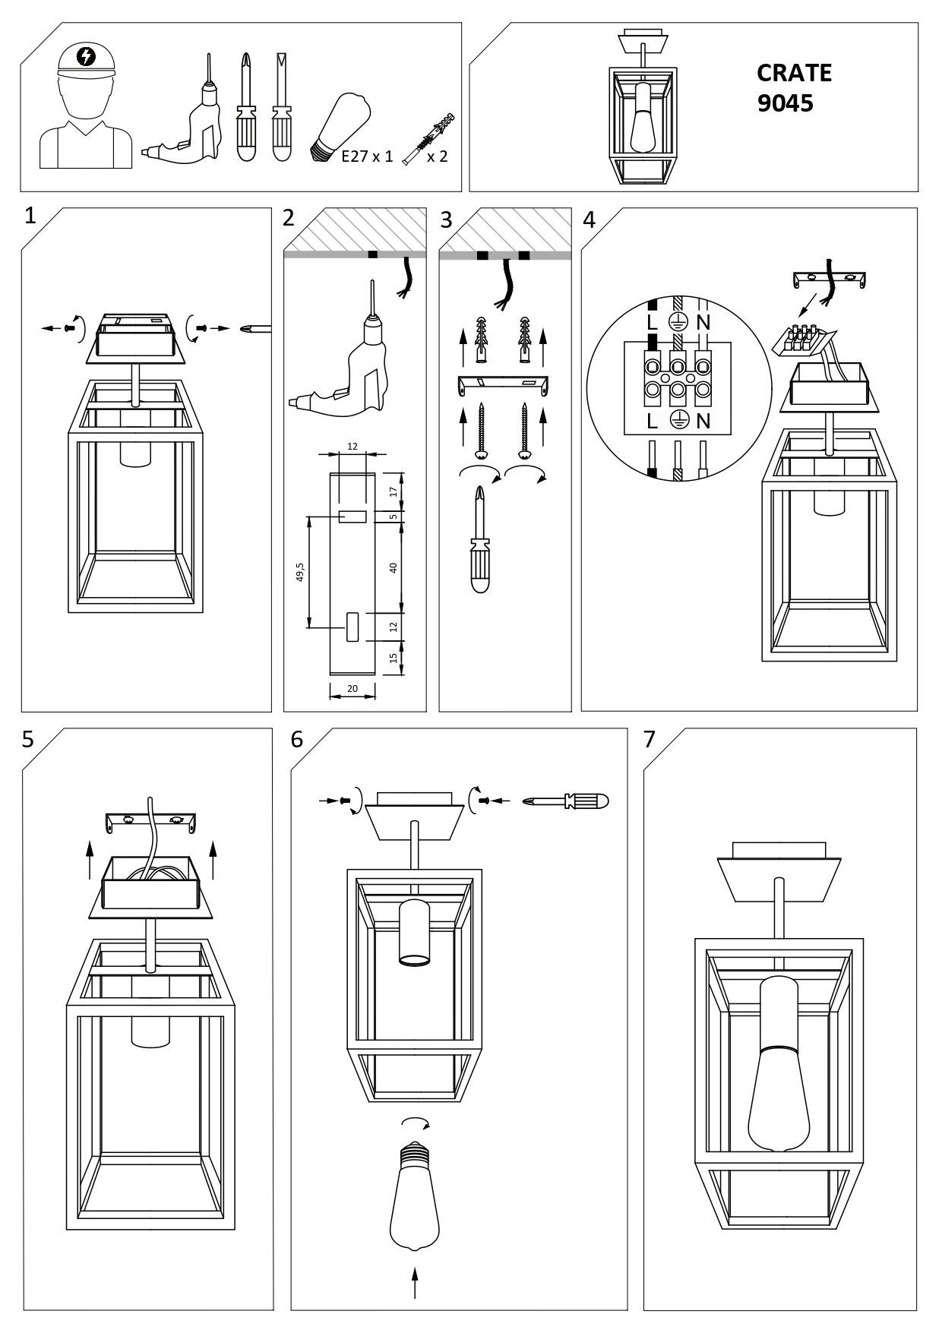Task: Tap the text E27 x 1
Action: coord(368,157)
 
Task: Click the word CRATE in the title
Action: coord(794,73)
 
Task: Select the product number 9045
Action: coord(785,103)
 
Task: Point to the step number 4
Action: coord(589,220)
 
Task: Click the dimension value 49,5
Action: coord(300,572)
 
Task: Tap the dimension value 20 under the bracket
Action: coord(352,688)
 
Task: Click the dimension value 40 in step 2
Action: coord(394,567)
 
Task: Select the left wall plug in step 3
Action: coord(480,340)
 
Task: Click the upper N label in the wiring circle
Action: coord(703,322)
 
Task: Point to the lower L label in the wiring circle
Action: coord(651,420)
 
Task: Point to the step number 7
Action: coord(649,739)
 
